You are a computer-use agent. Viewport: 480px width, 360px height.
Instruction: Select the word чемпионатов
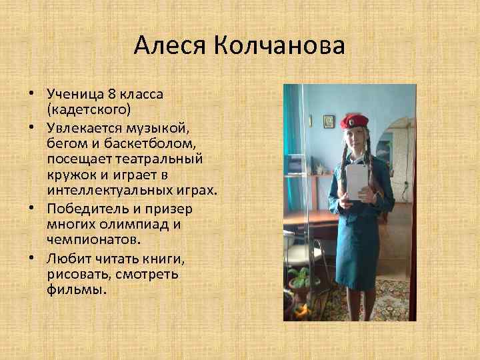pos(94,239)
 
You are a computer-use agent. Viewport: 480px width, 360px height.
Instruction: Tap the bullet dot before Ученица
pos(39,93)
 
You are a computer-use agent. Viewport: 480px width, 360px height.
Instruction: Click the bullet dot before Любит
pos(39,257)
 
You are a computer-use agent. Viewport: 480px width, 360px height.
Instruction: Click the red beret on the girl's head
pos(353,121)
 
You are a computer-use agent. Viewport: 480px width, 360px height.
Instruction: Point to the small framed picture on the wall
pos(329,120)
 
